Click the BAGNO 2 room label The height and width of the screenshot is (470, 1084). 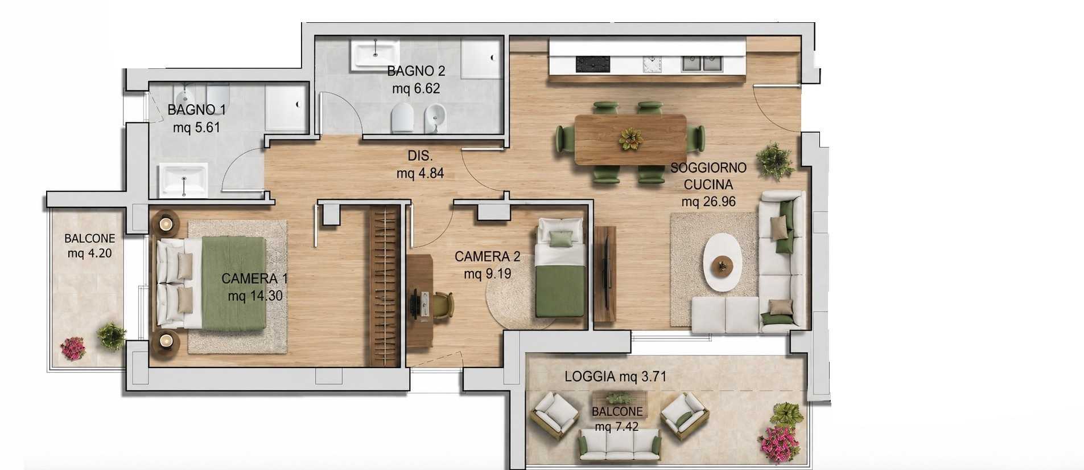point(416,71)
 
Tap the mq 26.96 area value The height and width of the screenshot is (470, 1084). point(708,202)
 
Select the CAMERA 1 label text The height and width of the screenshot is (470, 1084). point(254,279)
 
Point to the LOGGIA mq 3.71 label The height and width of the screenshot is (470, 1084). point(616,377)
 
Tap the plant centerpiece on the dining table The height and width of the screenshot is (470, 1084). point(630,139)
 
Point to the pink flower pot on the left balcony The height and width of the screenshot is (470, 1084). point(73,348)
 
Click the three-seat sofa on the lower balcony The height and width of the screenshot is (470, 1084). point(620,445)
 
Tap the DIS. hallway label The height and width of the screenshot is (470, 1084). point(420,156)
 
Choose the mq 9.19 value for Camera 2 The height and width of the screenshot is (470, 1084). point(487,274)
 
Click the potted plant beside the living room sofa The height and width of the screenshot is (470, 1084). point(775,160)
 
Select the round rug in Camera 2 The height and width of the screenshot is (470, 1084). point(521,300)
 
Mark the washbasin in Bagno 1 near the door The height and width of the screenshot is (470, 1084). point(183,179)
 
